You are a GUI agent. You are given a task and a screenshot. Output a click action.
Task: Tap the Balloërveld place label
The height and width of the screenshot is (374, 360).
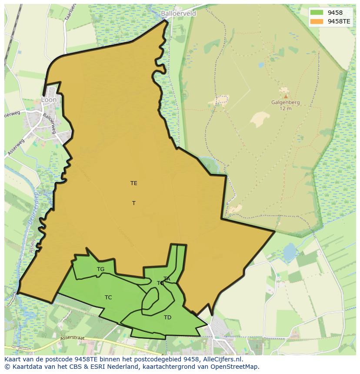coord(178,13)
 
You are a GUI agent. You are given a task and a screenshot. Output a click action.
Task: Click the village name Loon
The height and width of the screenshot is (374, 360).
coord(49,99)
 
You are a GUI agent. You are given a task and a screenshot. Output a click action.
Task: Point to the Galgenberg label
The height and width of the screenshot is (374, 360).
coord(286,103)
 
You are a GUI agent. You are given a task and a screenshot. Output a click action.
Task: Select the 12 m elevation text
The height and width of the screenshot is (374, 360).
coord(286,109)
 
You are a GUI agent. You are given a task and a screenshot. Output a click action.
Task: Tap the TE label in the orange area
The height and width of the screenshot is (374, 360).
coord(133,183)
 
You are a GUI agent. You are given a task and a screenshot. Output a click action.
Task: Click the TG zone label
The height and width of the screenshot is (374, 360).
coord(100,269)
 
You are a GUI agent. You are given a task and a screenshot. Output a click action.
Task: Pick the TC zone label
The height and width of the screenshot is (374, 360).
coord(108,298)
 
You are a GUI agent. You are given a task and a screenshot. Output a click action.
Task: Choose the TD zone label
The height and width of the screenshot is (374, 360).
coord(167,318)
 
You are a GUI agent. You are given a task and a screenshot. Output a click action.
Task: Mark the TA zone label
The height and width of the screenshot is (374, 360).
coord(167,278)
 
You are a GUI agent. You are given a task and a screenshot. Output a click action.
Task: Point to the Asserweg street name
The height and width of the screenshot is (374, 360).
coord(16,147)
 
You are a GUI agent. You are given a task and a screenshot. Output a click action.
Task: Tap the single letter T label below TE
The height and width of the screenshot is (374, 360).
coord(133,203)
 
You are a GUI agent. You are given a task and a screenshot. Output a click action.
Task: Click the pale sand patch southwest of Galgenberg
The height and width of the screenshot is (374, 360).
coord(260,119)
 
